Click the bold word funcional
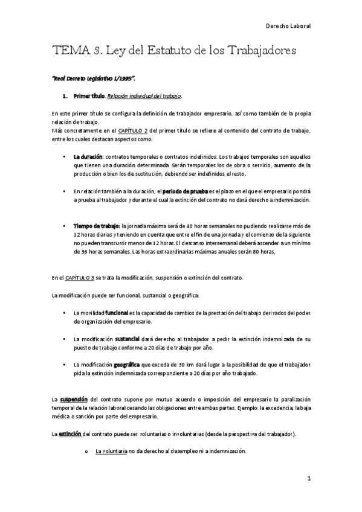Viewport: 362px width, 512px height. click(x=116, y=312)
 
